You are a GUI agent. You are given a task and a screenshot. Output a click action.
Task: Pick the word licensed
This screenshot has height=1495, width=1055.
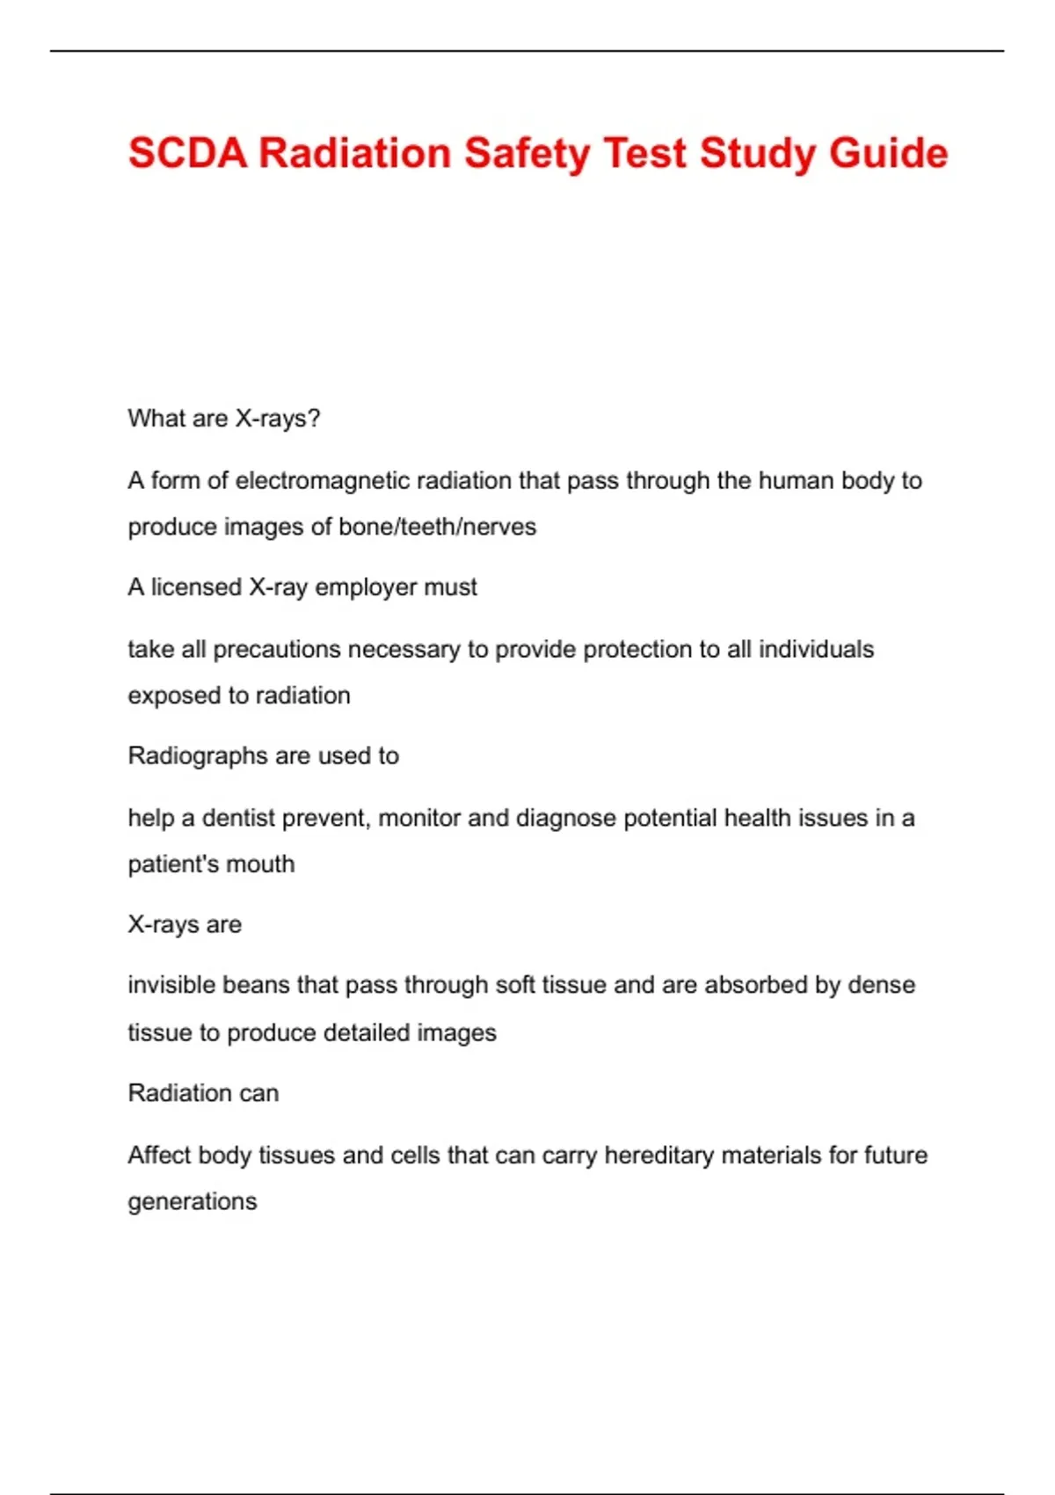click(x=196, y=587)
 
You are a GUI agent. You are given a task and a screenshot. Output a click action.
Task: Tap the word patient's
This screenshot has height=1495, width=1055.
click(x=171, y=864)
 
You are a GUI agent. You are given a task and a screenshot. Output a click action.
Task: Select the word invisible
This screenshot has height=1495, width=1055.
click(x=171, y=985)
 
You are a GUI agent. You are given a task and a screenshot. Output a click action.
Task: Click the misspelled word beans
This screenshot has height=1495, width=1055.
click(x=256, y=985)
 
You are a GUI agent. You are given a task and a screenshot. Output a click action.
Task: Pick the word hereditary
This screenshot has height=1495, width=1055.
click(x=658, y=1156)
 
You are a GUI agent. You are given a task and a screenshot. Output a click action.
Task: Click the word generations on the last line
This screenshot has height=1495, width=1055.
click(x=193, y=1202)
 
